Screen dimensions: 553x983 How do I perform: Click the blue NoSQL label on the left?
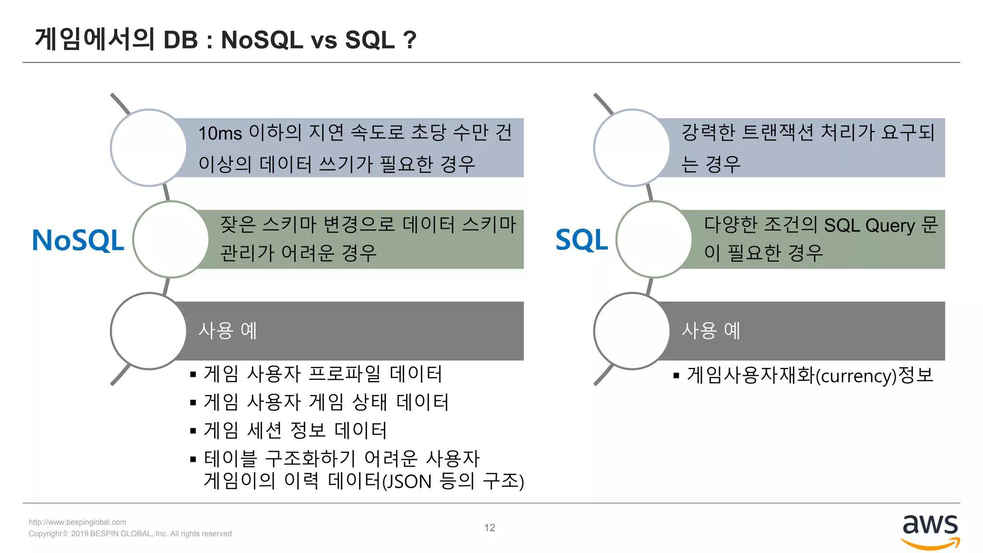click(x=78, y=240)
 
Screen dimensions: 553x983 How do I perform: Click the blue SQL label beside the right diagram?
click(x=581, y=240)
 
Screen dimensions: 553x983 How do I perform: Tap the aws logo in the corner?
click(x=930, y=530)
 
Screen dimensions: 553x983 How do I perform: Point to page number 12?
click(x=490, y=528)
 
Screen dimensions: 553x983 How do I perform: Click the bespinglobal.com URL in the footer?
click(x=77, y=522)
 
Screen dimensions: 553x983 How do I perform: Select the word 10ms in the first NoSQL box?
click(x=220, y=133)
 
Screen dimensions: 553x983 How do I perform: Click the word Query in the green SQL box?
click(x=890, y=225)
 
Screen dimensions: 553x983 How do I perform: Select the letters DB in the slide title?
click(x=180, y=40)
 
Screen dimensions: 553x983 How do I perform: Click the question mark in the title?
click(x=409, y=40)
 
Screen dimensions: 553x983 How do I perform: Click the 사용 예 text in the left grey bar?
click(x=228, y=331)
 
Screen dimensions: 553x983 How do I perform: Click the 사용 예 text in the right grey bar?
click(x=711, y=331)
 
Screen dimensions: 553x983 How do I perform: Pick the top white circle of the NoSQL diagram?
click(x=149, y=147)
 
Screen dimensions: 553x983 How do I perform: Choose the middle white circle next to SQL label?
click(x=654, y=239)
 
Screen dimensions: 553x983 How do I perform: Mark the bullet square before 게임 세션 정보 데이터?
click(x=193, y=431)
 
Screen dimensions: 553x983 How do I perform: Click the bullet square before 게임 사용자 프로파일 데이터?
click(x=193, y=374)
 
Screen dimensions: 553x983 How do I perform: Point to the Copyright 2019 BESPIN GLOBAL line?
click(x=130, y=534)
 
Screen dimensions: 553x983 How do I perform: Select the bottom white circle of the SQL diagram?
click(x=632, y=331)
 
